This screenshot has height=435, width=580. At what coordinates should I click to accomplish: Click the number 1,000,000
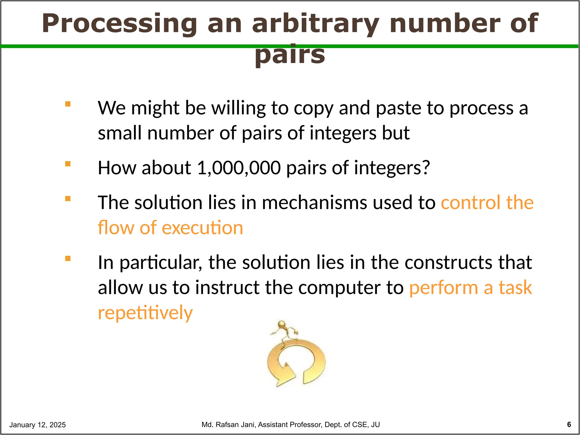click(238, 168)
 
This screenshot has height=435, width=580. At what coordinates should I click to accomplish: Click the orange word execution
click(202, 228)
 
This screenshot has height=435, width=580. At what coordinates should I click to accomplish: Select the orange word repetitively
click(145, 313)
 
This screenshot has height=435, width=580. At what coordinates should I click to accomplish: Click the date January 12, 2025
click(37, 425)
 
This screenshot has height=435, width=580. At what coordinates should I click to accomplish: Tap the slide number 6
click(569, 425)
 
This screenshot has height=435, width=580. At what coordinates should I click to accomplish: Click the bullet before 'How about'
click(68, 164)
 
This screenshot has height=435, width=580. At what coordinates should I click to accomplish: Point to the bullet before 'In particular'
click(68, 258)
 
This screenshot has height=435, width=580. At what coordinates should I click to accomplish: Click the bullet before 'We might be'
click(68, 104)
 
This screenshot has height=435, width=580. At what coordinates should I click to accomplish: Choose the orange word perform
click(443, 287)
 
